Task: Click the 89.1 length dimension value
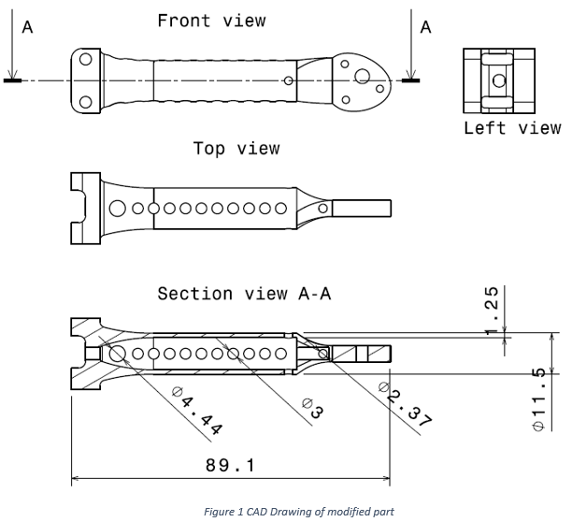click(x=230, y=466)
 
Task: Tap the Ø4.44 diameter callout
click(x=197, y=412)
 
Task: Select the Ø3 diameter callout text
click(x=313, y=409)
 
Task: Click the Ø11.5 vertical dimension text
click(x=538, y=399)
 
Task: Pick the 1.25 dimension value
click(x=492, y=310)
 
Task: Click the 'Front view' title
click(x=211, y=21)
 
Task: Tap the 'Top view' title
click(x=236, y=149)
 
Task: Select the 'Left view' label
click(x=512, y=128)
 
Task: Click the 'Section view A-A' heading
click(x=245, y=294)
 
